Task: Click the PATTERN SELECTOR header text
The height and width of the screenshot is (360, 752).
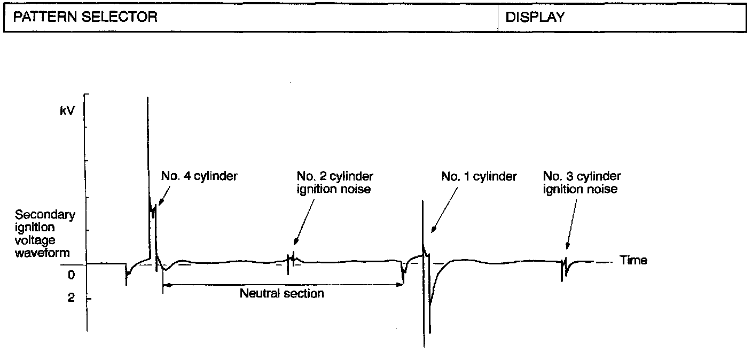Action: (85, 17)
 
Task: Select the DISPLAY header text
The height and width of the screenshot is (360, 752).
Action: (535, 17)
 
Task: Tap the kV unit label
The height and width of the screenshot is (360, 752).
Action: (68, 112)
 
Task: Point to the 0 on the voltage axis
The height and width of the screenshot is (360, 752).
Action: (71, 275)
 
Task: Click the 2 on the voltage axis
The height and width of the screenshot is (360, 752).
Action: (71, 298)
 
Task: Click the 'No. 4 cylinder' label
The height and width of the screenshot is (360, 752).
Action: (199, 176)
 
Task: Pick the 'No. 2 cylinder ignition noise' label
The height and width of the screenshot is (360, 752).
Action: (335, 182)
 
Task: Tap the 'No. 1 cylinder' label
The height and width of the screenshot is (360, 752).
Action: (479, 176)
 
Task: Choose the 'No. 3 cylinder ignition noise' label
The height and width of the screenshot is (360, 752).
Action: (582, 182)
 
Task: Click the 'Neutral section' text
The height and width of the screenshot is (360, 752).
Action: (281, 293)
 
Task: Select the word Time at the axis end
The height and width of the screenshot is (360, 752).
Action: (633, 260)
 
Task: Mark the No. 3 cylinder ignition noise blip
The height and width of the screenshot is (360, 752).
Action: (563, 265)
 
